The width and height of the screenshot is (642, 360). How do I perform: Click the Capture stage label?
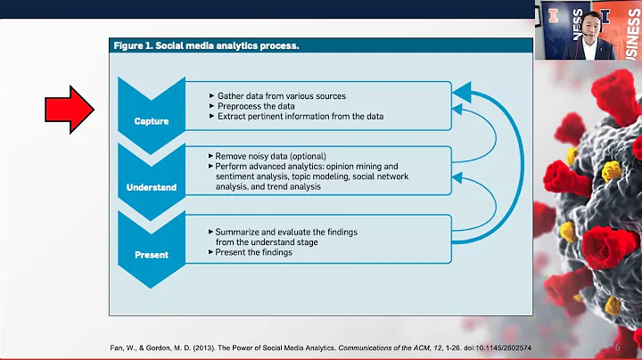coord(152,122)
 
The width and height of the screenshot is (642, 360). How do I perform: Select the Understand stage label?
coord(152,188)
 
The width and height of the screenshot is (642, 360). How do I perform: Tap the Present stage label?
coord(152,255)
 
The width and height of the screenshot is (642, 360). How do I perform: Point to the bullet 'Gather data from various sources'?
coord(282,95)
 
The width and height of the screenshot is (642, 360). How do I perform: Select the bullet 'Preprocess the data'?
coord(259,106)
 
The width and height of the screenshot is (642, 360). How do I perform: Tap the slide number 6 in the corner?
coord(618,348)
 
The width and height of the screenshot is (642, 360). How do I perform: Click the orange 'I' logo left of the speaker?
coord(554,15)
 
